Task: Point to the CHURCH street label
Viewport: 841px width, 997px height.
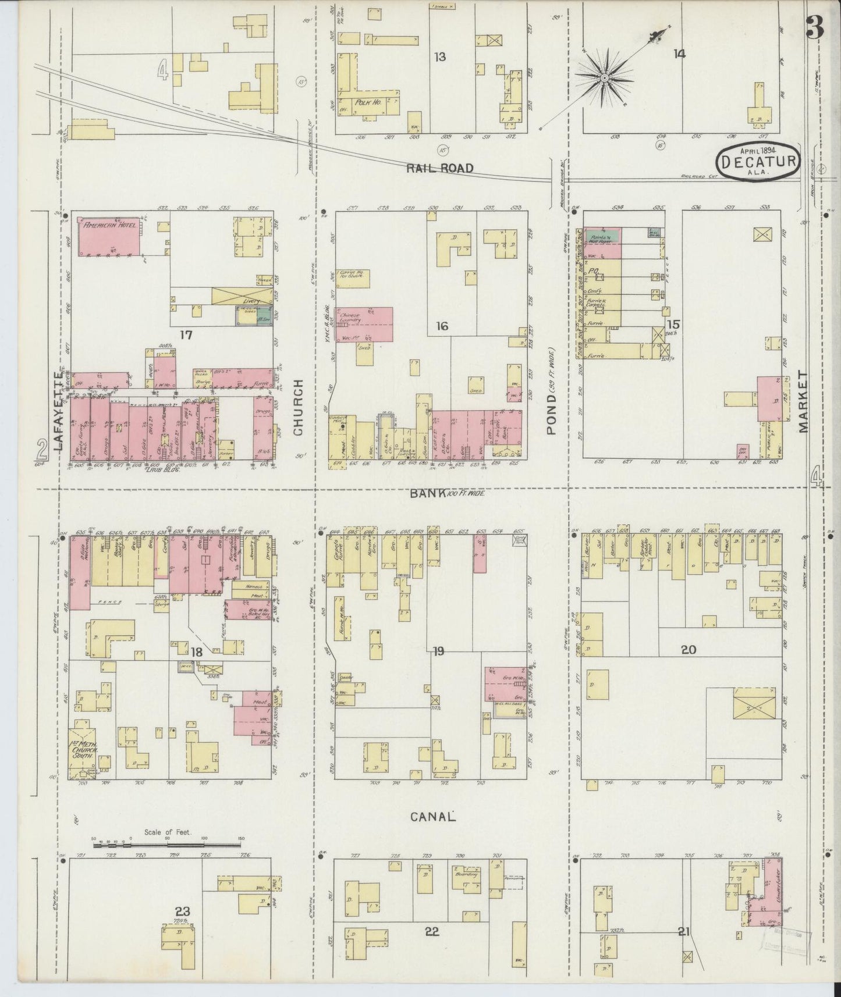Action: point(298,407)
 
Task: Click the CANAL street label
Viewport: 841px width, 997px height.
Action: point(432,817)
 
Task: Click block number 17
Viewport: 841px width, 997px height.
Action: point(186,334)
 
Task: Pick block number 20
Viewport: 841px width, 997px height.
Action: point(689,650)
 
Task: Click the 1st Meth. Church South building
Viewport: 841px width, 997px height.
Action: point(85,748)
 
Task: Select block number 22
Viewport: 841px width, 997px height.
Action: point(431,931)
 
